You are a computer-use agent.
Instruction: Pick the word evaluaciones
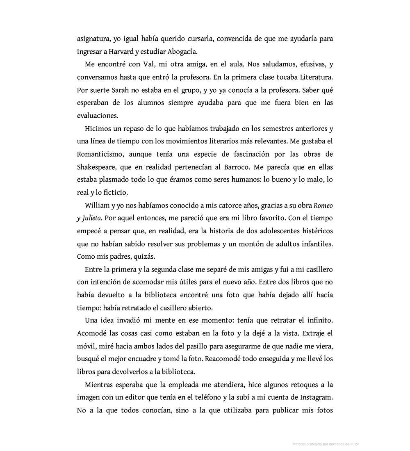[x=97, y=116]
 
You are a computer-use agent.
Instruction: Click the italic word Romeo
[x=323, y=205]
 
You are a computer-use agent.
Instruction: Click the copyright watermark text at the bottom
[x=326, y=444]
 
